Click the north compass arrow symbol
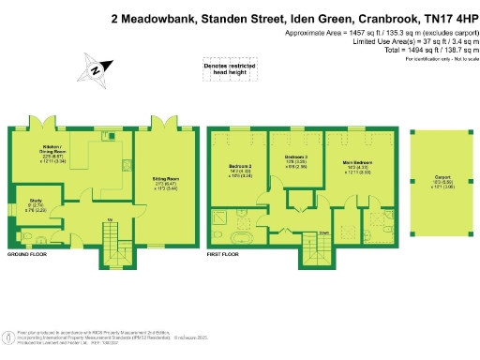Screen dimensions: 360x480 [x=96, y=68]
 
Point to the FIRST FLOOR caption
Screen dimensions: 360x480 [x=224, y=254]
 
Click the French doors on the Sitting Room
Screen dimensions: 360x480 [x=165, y=125]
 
